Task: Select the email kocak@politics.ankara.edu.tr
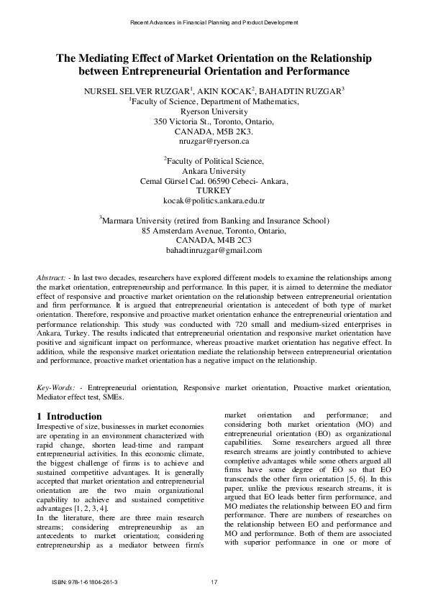tap(214, 203)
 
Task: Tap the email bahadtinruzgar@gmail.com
tap(214, 250)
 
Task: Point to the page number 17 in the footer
tap(214, 581)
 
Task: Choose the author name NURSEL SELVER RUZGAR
tap(132, 91)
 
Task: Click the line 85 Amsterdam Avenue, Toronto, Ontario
tap(214, 231)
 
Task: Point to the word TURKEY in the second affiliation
tap(214, 192)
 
